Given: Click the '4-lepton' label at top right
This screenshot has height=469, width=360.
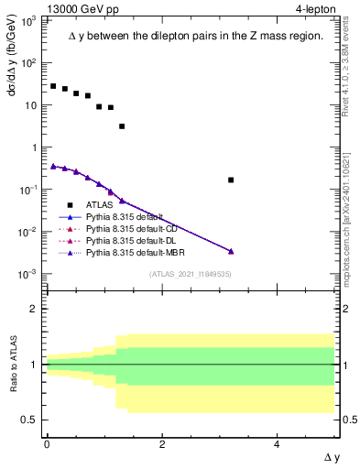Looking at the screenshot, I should pos(315,8).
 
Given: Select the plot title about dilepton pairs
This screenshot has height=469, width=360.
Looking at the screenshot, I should pos(195,36).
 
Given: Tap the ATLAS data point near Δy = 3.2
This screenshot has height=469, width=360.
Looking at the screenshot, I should pos(231,180).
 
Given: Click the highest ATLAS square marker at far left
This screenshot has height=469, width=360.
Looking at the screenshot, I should pos(53,86).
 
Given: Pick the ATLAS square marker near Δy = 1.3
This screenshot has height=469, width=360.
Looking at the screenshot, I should pos(122,126).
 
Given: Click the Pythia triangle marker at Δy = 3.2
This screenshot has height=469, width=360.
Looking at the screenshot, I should pos(231,251).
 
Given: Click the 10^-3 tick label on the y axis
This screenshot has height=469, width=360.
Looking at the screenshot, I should pos(28,274).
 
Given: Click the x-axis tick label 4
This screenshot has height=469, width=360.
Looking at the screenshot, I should pos(278,444).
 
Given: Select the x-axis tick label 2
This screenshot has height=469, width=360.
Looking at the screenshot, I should pos(162,444).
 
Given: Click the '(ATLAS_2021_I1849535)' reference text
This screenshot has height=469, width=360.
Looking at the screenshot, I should pos(189,273).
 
